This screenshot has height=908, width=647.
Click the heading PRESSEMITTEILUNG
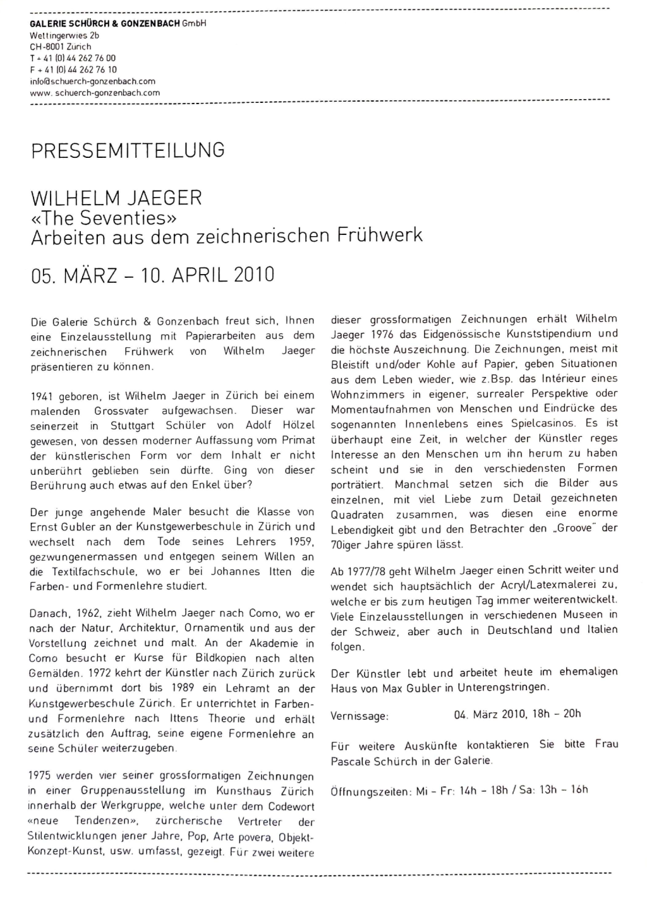[128, 151]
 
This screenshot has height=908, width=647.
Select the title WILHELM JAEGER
[116, 198]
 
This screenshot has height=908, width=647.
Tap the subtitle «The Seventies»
[104, 218]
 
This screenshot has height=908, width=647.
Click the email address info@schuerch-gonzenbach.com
[92, 81]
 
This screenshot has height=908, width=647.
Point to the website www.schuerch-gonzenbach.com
[95, 93]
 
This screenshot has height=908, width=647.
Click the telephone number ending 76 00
[73, 58]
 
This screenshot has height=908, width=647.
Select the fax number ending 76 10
[73, 70]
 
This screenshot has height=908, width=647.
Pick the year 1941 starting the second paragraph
[42, 397]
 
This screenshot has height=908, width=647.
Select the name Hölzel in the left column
[298, 426]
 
